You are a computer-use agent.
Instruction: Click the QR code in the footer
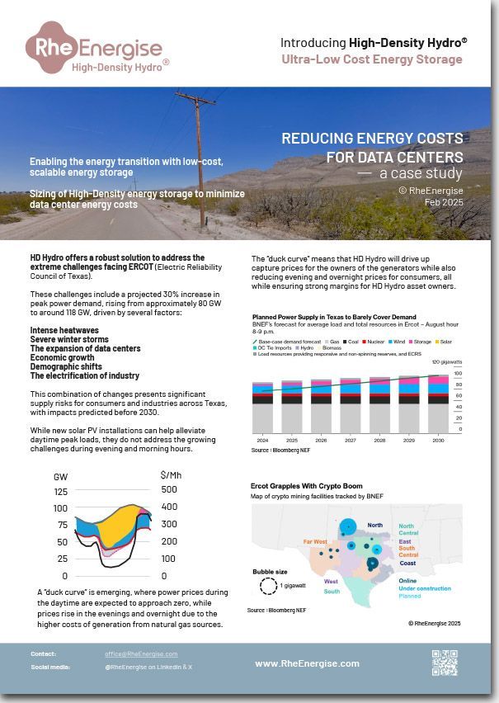(444, 663)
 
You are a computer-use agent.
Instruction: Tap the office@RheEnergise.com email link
(141, 653)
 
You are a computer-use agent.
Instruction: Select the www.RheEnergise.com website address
(307, 663)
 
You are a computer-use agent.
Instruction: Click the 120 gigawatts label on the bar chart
(445, 362)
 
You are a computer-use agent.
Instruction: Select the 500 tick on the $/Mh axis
(169, 489)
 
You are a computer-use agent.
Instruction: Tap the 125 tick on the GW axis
(60, 492)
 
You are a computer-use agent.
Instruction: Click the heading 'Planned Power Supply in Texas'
(333, 317)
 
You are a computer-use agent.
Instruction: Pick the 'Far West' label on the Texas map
(314, 541)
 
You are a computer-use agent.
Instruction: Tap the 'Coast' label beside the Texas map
(407, 564)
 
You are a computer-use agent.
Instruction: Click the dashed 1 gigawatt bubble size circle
(268, 586)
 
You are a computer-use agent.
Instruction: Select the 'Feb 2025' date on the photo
(444, 201)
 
